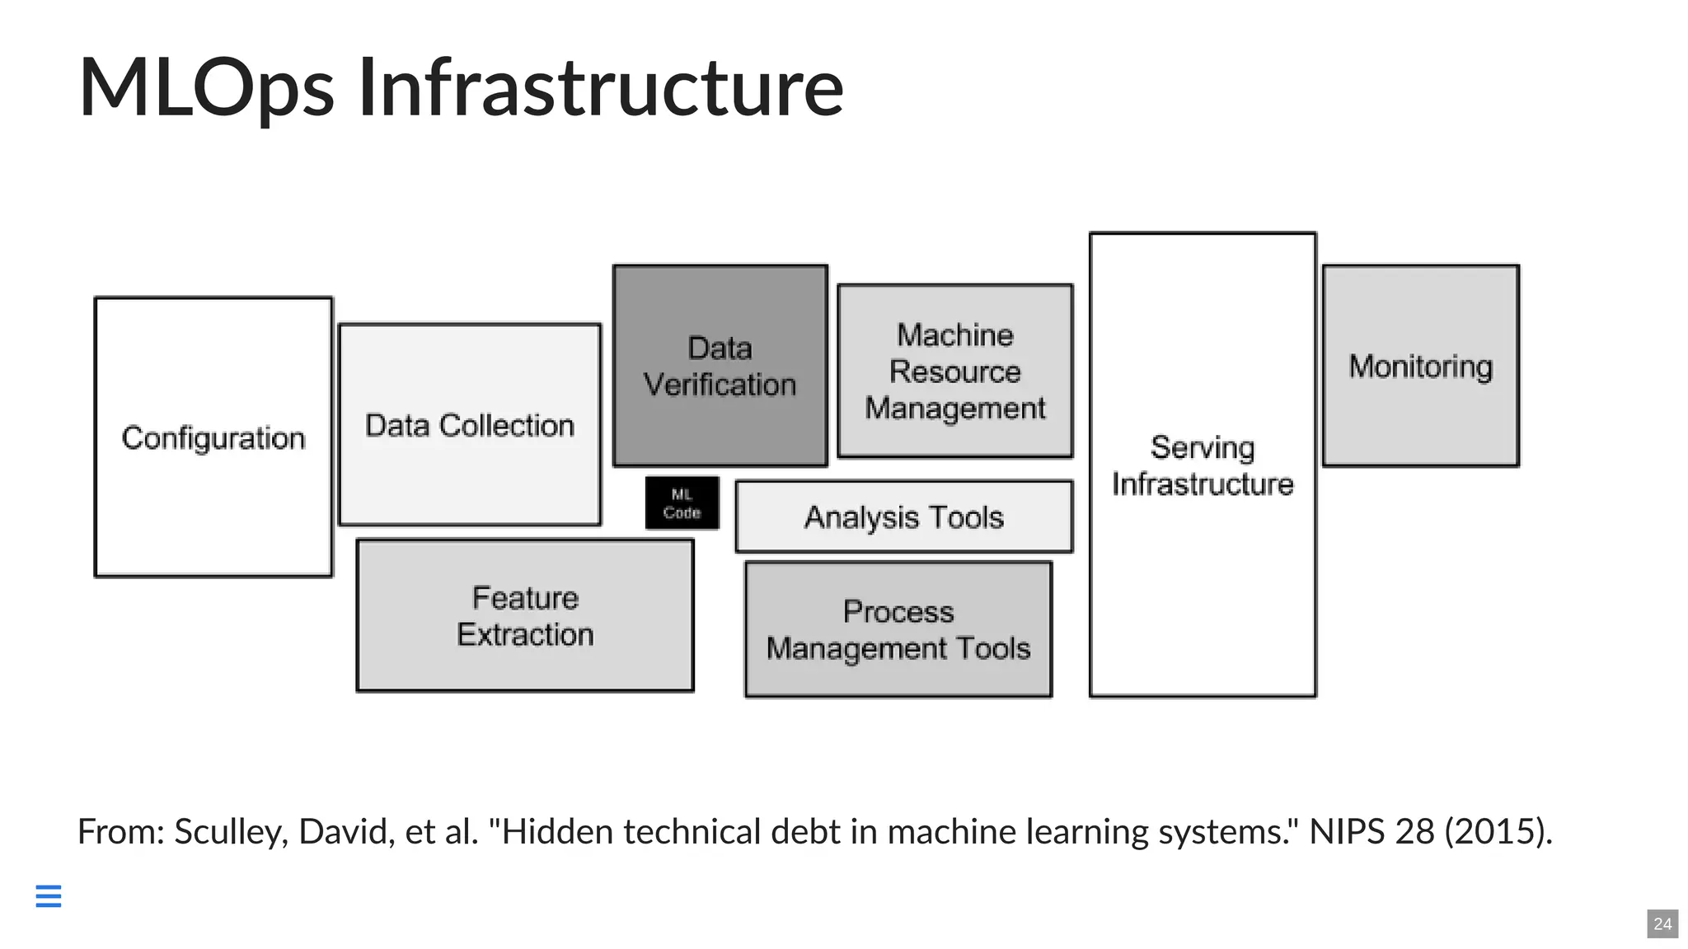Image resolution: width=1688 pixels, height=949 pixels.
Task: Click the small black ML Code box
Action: pos(682,503)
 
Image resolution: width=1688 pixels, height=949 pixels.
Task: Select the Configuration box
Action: pos(213,437)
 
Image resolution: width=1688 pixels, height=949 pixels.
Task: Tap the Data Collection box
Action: pos(470,425)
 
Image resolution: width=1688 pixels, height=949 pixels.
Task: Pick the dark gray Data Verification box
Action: pos(720,366)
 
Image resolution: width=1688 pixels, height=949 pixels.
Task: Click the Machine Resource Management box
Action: pos(954,372)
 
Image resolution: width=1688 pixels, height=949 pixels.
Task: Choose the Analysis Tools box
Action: pos(903,517)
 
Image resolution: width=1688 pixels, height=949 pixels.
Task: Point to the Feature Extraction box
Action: pos(525,616)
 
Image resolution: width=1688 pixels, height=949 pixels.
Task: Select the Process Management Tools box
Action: pos(898,630)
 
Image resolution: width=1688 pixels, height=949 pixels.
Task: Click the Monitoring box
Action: pos(1420,366)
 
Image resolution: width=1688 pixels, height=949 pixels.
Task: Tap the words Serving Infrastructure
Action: pos(1203,465)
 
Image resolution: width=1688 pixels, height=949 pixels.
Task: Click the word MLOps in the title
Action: pos(206,87)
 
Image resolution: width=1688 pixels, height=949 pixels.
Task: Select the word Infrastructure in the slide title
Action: pos(601,87)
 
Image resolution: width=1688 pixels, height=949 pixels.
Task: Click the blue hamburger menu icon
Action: pos(49,895)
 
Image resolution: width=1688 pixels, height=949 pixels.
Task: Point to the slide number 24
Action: pos(1662,923)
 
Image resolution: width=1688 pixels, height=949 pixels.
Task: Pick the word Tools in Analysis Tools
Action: pos(966,517)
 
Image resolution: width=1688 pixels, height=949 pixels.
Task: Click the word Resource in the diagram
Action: pos(954,372)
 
